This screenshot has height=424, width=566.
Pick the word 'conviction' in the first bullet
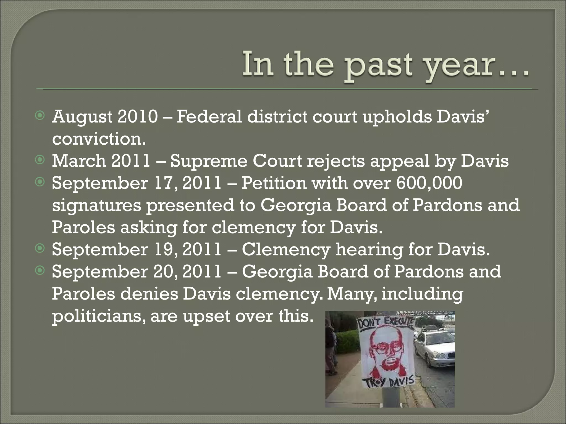98,139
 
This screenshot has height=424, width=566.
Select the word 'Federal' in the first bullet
208,117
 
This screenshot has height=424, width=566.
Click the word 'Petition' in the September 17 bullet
274,183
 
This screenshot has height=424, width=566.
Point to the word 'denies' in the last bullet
149,294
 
